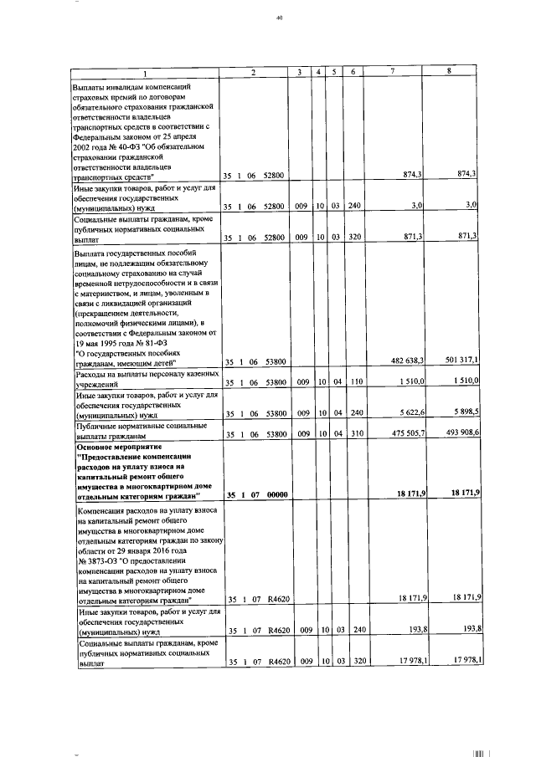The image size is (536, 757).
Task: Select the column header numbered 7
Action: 393,71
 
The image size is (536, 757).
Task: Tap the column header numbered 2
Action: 253,71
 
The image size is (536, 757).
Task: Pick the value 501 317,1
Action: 460,361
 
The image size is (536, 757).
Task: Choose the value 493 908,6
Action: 460,434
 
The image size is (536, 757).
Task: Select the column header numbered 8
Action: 449,71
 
